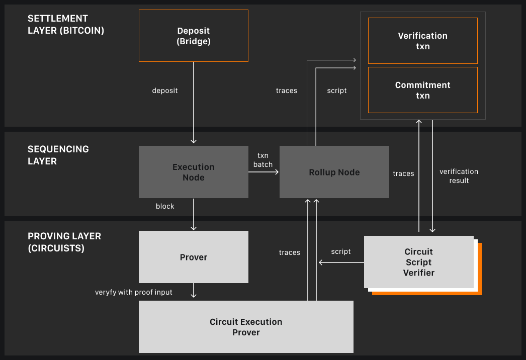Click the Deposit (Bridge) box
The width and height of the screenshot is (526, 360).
point(194,36)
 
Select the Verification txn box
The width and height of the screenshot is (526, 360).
point(422,41)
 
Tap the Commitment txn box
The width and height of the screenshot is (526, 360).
point(422,90)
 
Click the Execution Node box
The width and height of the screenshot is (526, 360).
point(194,171)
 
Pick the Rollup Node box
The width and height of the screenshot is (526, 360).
point(334,172)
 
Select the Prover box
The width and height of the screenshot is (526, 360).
point(194,257)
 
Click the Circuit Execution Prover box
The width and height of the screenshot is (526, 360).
point(246,327)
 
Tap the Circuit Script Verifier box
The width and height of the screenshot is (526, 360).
point(418,262)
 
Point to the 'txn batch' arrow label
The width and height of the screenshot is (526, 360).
point(263,160)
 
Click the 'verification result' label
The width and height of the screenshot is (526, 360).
point(459,176)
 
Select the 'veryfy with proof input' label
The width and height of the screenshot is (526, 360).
point(134,292)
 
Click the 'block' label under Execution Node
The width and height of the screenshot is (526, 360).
point(165,206)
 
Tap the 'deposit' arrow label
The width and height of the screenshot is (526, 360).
point(165,91)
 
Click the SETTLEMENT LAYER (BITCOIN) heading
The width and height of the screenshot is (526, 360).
point(66,24)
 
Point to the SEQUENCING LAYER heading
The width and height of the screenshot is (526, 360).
point(58,155)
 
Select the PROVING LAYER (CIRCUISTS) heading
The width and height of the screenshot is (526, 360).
point(64,242)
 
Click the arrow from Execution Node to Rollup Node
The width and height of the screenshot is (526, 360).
point(264,172)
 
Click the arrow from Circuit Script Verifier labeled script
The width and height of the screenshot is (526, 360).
point(341,262)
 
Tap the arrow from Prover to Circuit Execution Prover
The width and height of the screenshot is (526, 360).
point(194,291)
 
